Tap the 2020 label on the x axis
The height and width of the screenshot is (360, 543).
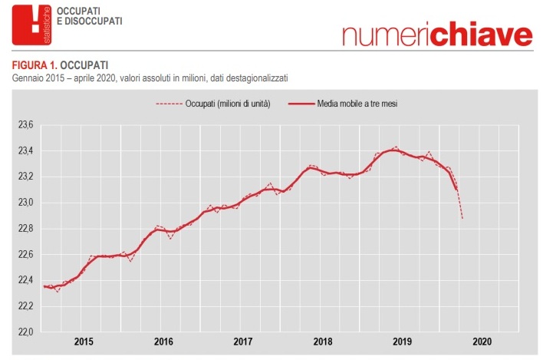tap(482, 342)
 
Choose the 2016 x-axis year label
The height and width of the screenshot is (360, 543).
tap(163, 342)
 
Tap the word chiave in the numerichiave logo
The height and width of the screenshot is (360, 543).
tap(479, 35)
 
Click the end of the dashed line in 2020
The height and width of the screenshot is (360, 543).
tap(462, 219)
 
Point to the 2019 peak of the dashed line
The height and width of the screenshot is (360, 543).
tap(395, 147)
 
